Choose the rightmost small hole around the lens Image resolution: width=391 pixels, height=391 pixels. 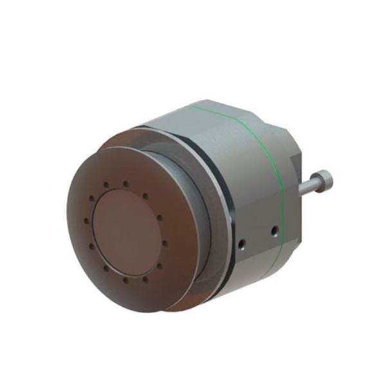point(166,244)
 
